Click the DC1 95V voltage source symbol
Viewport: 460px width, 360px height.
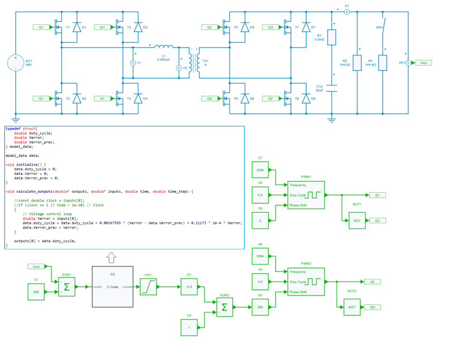pos(16,63)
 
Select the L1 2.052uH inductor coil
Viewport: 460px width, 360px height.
pos(164,47)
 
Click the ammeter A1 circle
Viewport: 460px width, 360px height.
pos(347,11)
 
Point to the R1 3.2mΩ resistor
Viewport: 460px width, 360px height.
pos(332,37)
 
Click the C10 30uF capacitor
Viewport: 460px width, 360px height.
pos(332,88)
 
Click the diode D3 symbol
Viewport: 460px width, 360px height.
pos(138,28)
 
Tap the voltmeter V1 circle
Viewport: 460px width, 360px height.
pos(133,63)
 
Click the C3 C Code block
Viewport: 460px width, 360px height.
pos(113,286)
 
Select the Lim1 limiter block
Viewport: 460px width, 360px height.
pos(148,287)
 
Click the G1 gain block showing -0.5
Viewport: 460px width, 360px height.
pos(189,287)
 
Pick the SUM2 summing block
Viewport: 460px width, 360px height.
pos(225,307)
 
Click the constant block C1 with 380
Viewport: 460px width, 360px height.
pos(36,292)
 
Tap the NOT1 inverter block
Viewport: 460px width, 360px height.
pos(357,220)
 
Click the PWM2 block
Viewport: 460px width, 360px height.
pos(306,282)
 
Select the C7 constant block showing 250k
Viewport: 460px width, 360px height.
pos(260,170)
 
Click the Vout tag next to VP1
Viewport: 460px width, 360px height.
pos(423,63)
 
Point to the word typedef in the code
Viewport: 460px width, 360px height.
pos(13,129)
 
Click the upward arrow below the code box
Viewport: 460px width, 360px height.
pos(111,257)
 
